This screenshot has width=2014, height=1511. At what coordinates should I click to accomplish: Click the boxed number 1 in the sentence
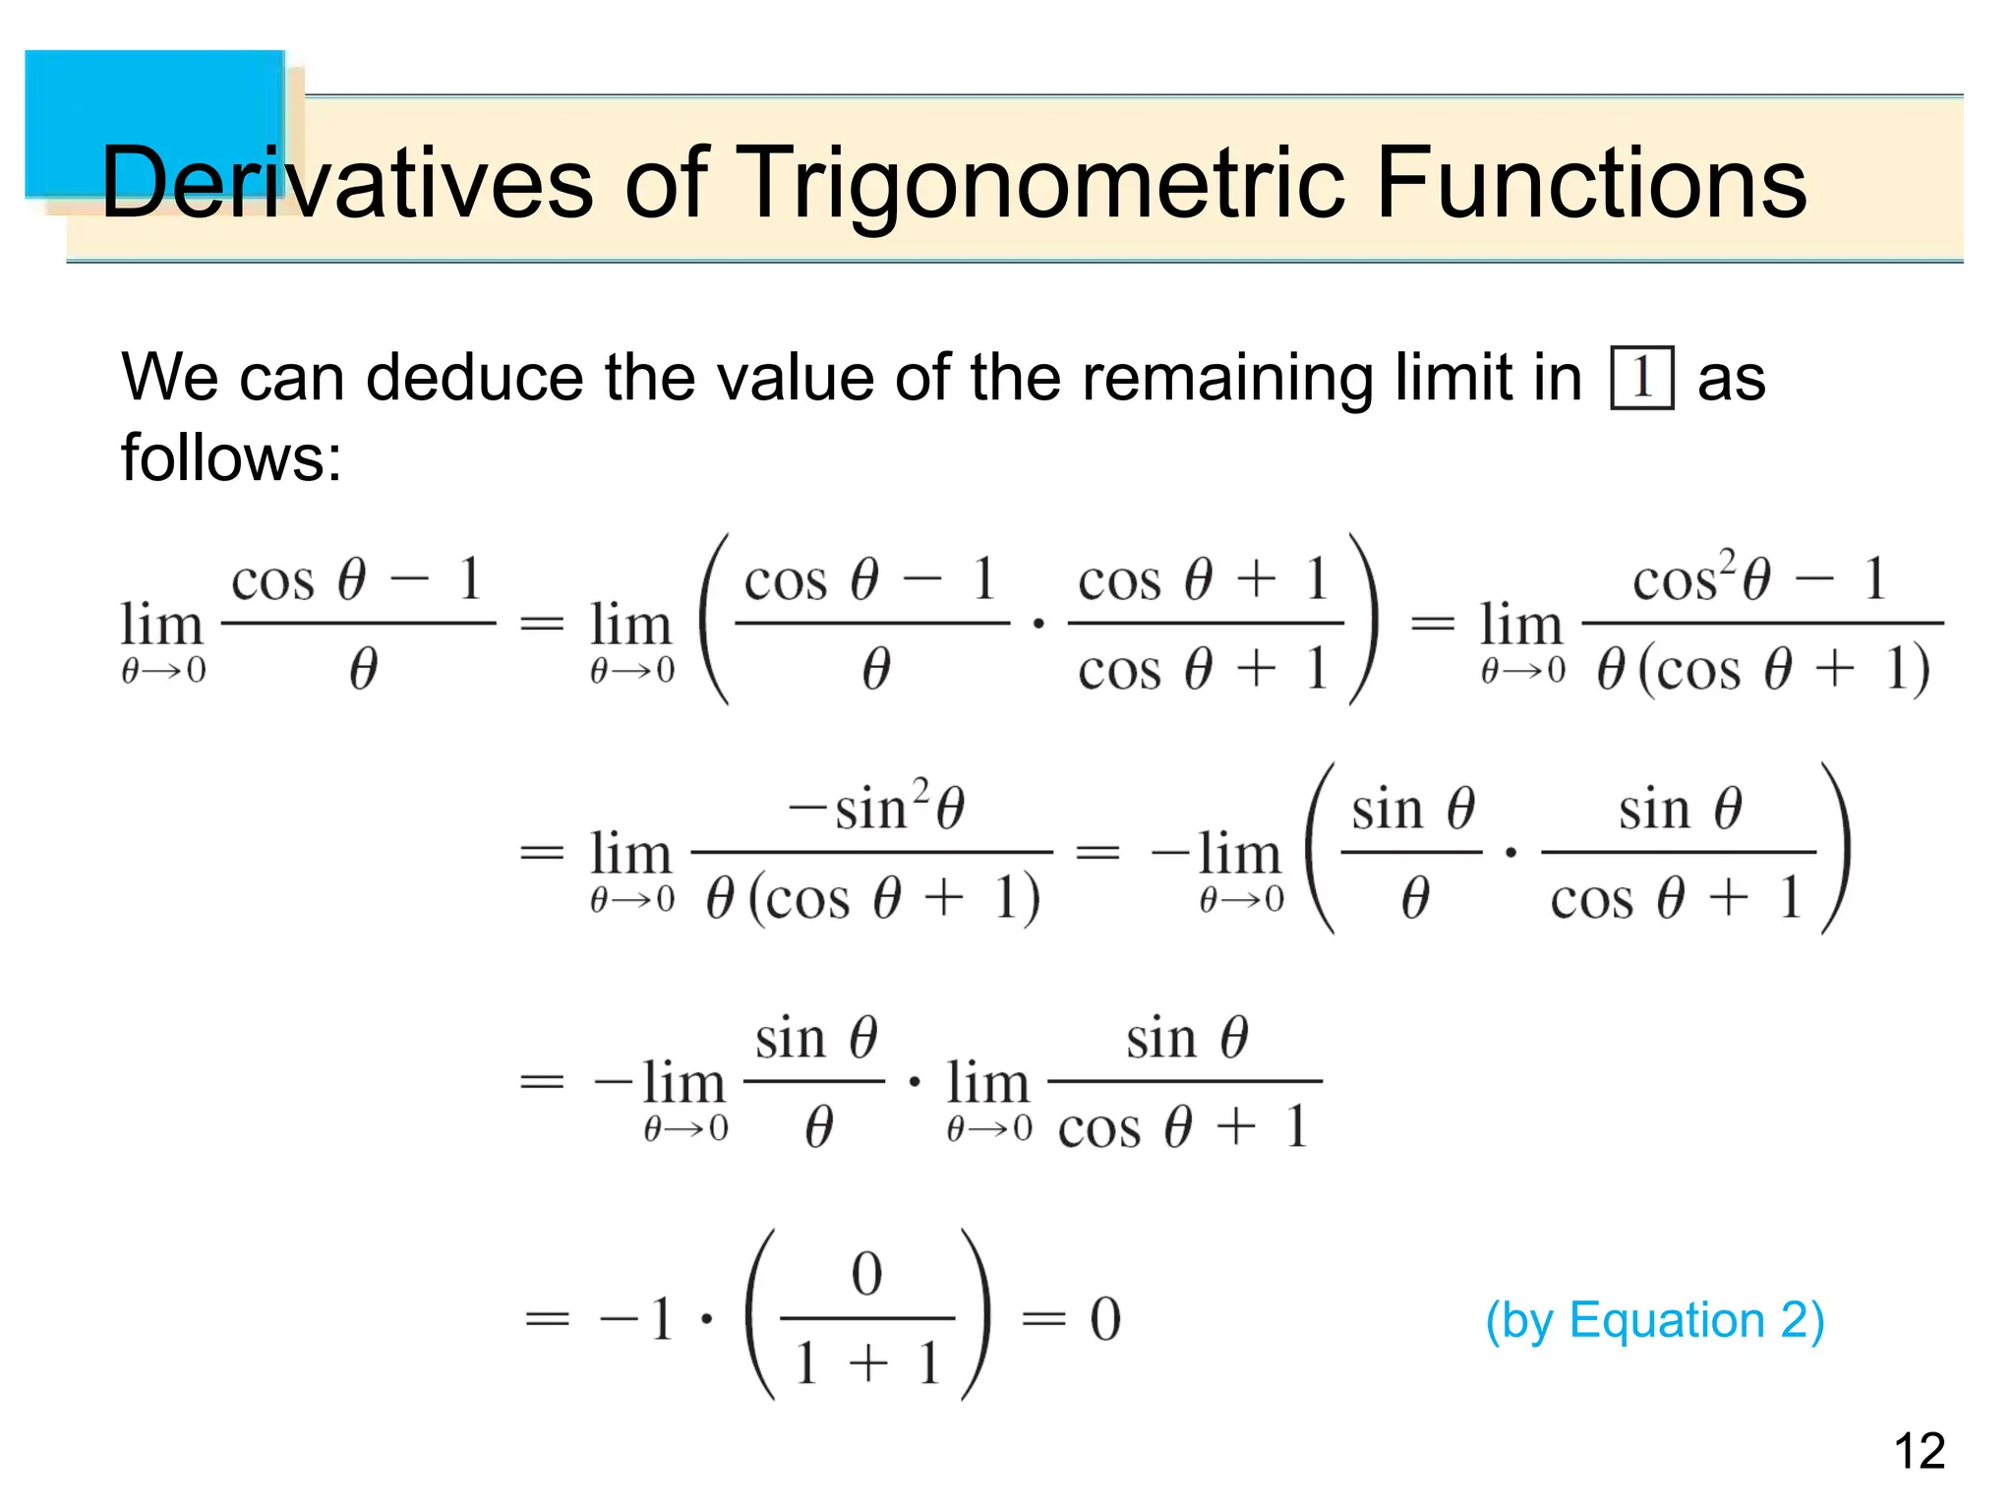point(1641,377)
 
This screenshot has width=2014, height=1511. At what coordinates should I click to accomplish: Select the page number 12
point(1919,1451)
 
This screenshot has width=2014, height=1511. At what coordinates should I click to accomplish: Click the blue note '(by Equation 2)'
point(1654,1319)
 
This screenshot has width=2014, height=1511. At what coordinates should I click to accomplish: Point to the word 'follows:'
point(231,457)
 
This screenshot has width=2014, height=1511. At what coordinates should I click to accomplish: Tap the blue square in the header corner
point(154,123)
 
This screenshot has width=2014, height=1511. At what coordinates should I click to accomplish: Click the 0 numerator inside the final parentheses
point(866,1274)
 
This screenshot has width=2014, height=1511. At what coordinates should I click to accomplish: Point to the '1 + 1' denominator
point(867,1364)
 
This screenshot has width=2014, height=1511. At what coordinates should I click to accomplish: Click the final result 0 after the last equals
point(1104,1319)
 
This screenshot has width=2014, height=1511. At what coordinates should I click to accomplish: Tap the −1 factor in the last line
point(637,1319)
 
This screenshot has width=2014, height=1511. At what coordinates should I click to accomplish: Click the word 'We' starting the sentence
point(169,377)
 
